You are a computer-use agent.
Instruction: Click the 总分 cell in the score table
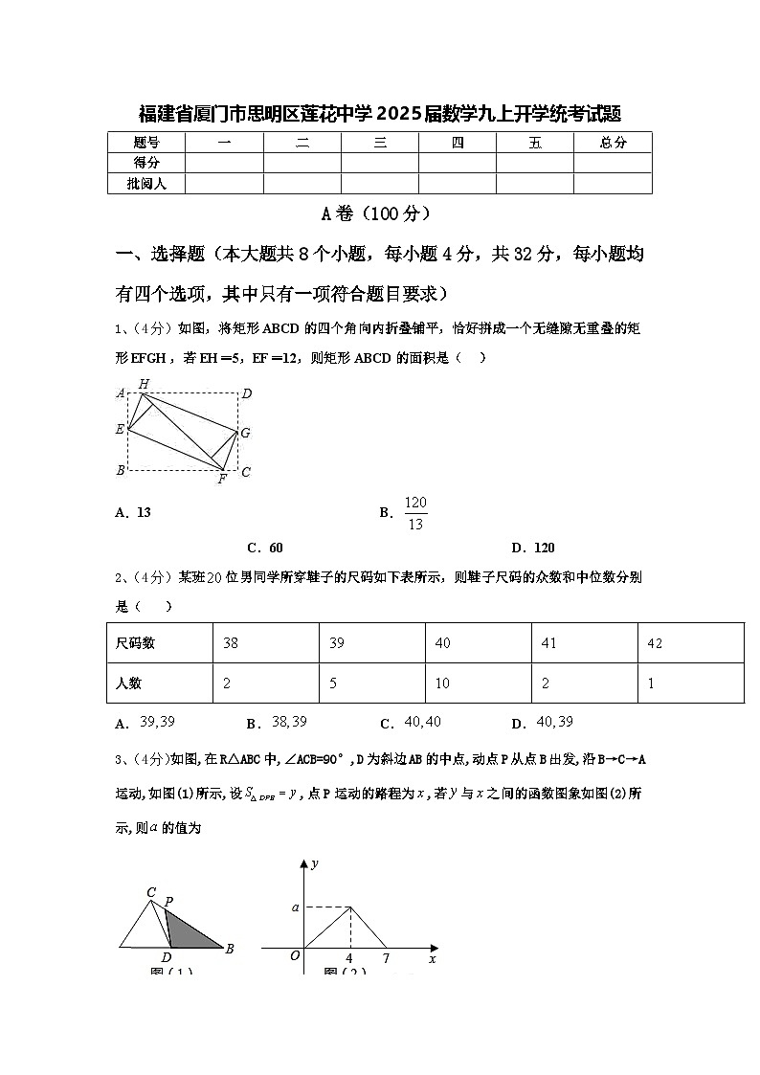[x=613, y=143]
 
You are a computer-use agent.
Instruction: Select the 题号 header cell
[x=146, y=143]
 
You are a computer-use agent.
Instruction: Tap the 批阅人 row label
[x=146, y=183]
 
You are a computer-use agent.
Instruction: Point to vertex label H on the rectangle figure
[x=144, y=384]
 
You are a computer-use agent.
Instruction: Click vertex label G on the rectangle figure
[x=245, y=433]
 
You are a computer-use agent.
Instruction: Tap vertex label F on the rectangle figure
[x=221, y=479]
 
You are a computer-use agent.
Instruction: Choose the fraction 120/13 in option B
[x=415, y=513]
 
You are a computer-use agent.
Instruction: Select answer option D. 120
[x=533, y=548]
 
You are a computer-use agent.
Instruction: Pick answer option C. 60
[x=265, y=548]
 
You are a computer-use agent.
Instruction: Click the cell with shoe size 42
[x=655, y=643]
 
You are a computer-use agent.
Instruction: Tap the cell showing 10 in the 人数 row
[x=442, y=683]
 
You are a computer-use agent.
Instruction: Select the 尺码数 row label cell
[x=135, y=643]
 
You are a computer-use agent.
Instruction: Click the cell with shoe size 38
[x=231, y=643]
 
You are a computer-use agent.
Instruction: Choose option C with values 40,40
[x=412, y=723]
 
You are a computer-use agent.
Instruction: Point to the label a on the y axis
[x=296, y=907]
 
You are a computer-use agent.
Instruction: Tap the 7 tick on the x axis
[x=385, y=958]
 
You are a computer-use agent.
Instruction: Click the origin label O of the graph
[x=295, y=955]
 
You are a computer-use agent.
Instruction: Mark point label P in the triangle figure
[x=168, y=901]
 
